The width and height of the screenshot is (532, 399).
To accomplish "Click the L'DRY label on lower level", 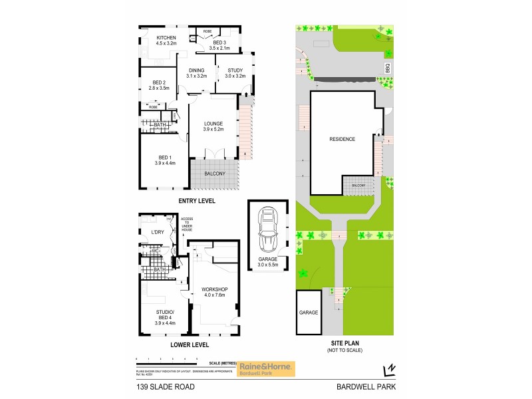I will (158, 232).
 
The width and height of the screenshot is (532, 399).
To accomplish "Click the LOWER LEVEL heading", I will (190, 344).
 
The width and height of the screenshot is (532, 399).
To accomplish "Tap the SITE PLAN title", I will (343, 344).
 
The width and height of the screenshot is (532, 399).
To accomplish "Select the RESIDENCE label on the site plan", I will (342, 139).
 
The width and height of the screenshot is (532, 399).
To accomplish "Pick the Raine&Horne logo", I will (267, 368).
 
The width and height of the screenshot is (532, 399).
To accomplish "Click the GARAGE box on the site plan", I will (309, 312).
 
